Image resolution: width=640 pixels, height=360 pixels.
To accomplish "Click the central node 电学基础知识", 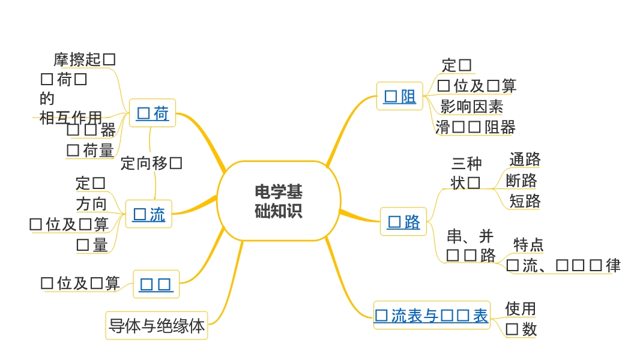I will tap(279, 201).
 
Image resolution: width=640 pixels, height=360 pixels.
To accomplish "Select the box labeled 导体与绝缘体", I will tap(157, 326).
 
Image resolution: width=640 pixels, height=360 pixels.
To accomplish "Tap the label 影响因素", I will tap(472, 107).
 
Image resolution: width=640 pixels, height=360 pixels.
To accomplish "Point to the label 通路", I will tap(525, 160).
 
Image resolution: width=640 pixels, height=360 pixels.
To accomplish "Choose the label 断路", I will tap(521, 180).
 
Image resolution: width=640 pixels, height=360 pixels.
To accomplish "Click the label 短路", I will tap(525, 200).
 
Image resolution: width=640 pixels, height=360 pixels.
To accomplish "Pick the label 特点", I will tap(528, 245).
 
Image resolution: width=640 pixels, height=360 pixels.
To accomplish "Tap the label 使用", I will tap(521, 308).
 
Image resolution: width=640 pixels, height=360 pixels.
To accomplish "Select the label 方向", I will tap(91, 204).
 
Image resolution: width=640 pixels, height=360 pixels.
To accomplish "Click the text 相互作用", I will tap(71, 118).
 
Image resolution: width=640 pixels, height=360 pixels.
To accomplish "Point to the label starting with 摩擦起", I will tap(85, 59).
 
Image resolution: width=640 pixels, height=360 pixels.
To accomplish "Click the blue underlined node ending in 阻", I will tap(400, 97).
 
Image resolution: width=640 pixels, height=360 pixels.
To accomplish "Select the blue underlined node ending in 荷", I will tap(152, 113).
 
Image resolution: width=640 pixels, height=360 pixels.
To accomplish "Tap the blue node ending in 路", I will tap(403, 222).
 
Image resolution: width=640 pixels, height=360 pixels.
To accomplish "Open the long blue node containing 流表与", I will tap(431, 316).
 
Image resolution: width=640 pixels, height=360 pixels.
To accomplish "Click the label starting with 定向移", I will tap(151, 163).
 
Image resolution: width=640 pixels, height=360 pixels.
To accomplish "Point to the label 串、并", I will tap(470, 236).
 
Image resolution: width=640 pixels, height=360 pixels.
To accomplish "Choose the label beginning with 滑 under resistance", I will tap(475, 127).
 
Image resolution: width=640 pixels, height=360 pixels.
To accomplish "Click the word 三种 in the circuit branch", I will tap(466, 163).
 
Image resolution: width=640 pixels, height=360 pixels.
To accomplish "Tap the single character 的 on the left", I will tap(47, 98).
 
